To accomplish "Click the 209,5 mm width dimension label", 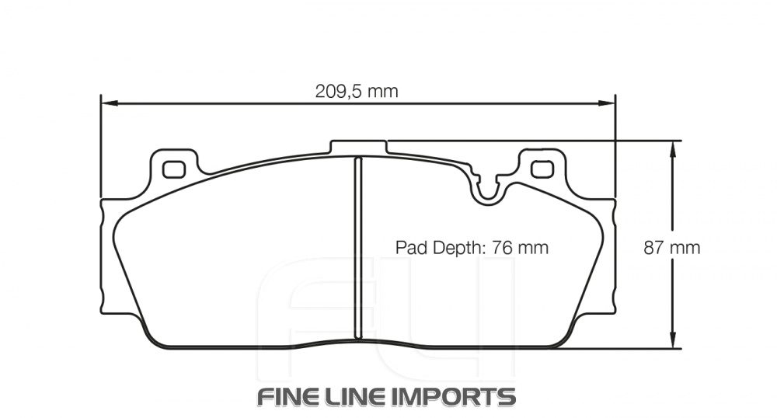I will point(356,92).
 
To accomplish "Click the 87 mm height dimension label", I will point(671,248).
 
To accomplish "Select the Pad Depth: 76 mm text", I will point(472,248).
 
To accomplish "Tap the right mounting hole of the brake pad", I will point(540,168).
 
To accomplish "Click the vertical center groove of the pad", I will point(358,247).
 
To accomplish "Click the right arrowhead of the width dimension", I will point(608,102).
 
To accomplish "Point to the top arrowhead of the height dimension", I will point(674,148).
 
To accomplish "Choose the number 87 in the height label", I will point(654,248).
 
